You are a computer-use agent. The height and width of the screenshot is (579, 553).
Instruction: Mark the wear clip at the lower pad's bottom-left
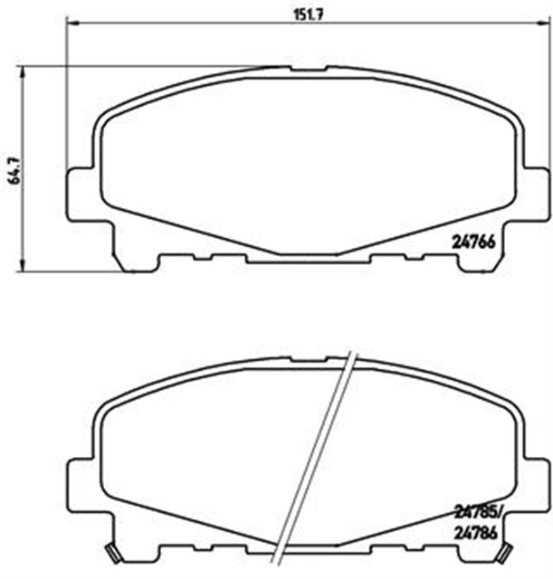tap(112, 554)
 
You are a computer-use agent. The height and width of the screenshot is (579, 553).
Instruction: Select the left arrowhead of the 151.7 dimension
tap(72, 22)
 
